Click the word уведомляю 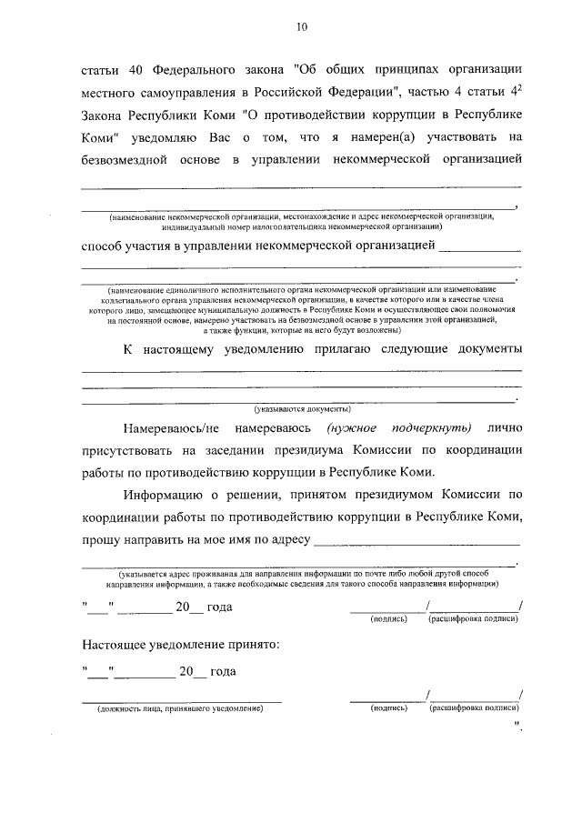click(195, 139)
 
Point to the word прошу click(102, 544)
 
